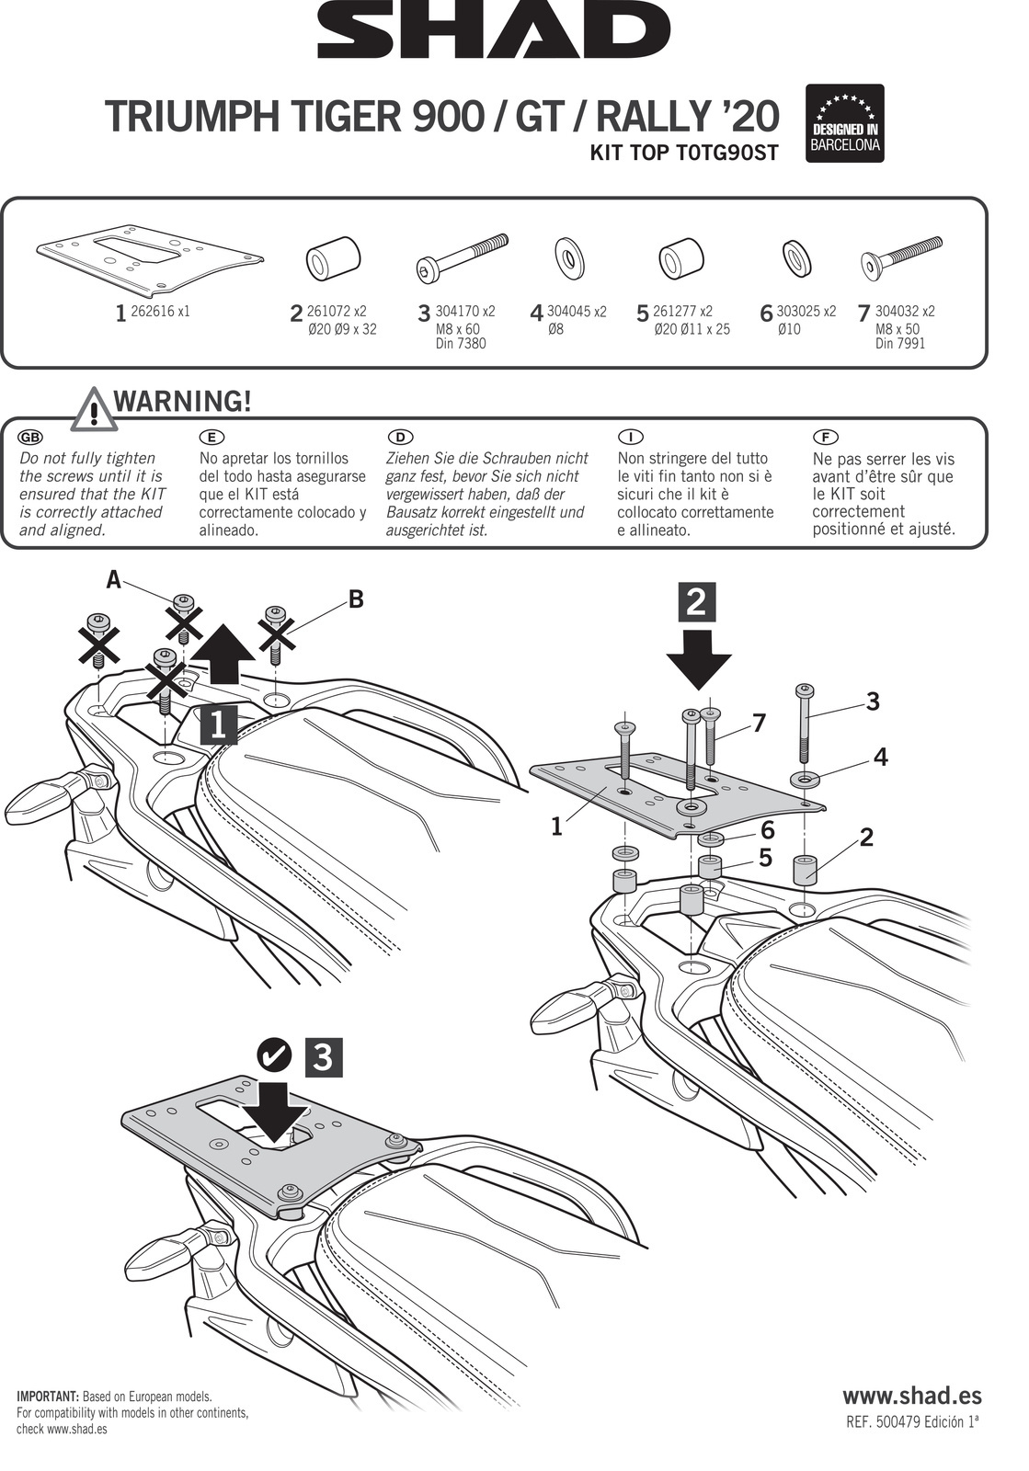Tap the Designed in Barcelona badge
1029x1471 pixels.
pyautogui.click(x=844, y=124)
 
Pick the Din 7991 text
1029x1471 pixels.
pyautogui.click(x=900, y=344)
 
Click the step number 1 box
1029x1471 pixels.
pyautogui.click(x=217, y=724)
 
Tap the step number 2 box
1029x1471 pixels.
pyautogui.click(x=696, y=601)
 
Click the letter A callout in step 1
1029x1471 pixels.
pyautogui.click(x=113, y=579)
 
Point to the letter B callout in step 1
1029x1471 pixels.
pyautogui.click(x=356, y=599)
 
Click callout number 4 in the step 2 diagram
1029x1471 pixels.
pyautogui.click(x=880, y=758)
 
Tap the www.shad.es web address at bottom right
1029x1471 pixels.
pyautogui.click(x=911, y=1395)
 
